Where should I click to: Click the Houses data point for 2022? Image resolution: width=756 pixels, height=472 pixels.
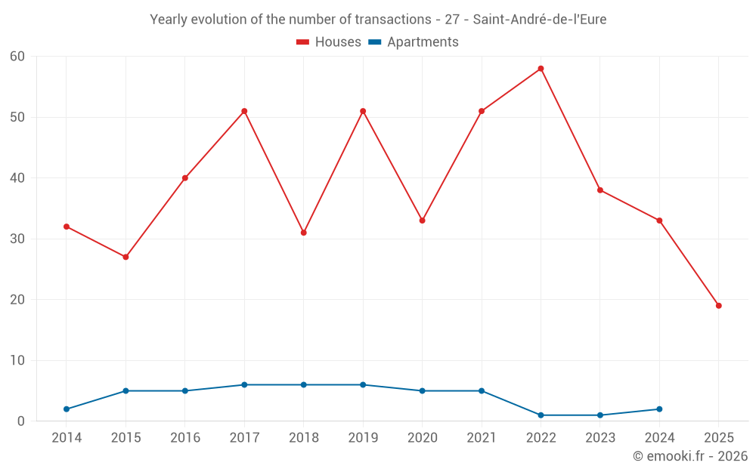(541, 69)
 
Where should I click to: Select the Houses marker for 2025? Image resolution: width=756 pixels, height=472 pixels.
(718, 306)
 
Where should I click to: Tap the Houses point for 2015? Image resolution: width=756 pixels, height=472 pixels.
(125, 257)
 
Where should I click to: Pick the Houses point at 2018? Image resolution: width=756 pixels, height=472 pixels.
(303, 233)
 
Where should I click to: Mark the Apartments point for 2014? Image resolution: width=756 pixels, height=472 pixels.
(67, 409)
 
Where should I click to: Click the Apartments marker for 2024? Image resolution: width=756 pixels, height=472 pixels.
(659, 409)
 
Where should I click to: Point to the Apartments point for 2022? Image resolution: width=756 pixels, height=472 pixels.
(541, 415)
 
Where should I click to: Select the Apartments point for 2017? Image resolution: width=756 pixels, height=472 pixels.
(244, 385)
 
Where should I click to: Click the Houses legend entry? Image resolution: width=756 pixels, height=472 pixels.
(329, 42)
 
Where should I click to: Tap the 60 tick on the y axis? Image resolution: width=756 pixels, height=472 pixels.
(17, 57)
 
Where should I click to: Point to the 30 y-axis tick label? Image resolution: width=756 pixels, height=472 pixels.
(17, 239)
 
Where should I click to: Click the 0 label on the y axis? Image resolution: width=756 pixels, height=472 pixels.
(21, 421)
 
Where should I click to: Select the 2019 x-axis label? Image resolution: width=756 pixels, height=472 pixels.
(363, 438)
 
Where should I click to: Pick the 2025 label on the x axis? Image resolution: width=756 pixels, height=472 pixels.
(718, 438)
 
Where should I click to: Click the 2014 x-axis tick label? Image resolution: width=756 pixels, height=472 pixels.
(67, 438)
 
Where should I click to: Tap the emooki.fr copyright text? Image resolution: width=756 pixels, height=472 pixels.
(689, 456)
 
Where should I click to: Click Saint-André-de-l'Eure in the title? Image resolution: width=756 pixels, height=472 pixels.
(539, 20)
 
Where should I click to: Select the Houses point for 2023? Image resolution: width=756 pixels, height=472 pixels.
(600, 190)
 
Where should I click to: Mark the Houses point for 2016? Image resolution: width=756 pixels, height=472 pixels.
(185, 178)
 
